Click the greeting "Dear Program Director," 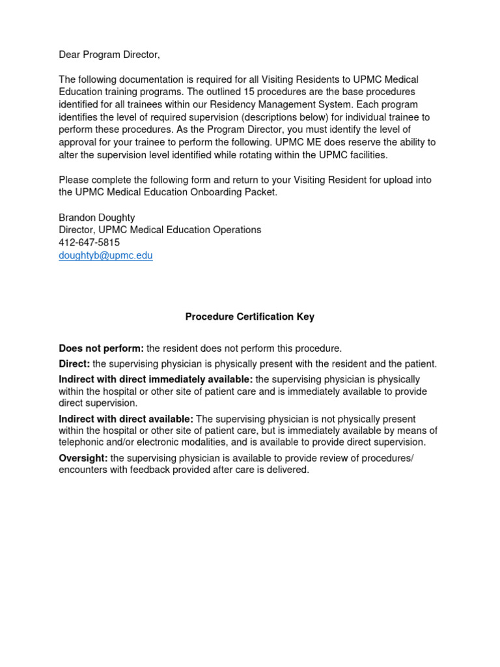click(x=109, y=55)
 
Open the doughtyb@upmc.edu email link click(x=105, y=255)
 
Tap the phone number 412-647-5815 click(x=89, y=242)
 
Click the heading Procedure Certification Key click(x=249, y=317)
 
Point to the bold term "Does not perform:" click(x=101, y=348)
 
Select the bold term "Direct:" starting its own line click(x=74, y=364)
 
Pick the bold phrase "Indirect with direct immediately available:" click(x=156, y=380)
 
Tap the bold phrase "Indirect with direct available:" click(x=126, y=419)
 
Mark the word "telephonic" click(x=82, y=442)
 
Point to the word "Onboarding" click(x=212, y=192)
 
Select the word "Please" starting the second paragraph click(x=74, y=180)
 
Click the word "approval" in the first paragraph click(x=79, y=142)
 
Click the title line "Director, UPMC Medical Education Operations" click(x=160, y=230)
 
